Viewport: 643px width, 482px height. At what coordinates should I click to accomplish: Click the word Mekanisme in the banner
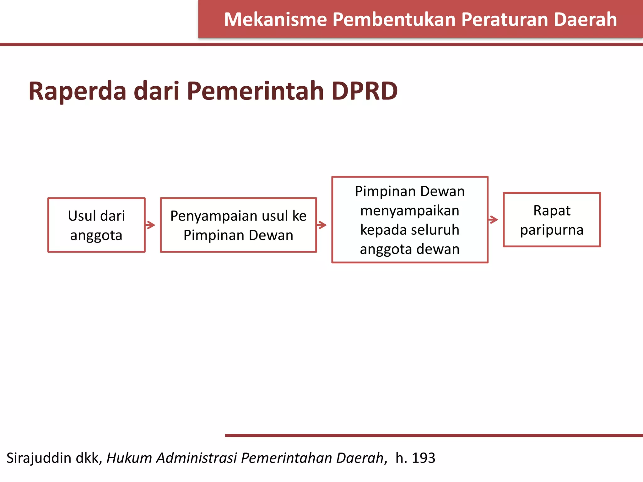(x=275, y=19)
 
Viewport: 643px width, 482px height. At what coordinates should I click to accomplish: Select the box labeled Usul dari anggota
(x=96, y=225)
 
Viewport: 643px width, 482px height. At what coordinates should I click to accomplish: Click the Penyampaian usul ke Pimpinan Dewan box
(x=238, y=225)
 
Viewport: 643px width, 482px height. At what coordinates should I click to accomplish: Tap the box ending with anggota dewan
(x=410, y=220)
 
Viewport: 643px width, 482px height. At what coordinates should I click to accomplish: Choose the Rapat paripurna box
(x=552, y=220)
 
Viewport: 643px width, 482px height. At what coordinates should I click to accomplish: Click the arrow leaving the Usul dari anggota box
(x=151, y=225)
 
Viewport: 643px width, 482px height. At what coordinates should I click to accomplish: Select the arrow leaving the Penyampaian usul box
(x=322, y=225)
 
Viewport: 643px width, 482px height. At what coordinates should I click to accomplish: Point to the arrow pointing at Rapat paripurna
(x=494, y=220)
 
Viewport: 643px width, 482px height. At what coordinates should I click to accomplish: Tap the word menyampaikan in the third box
(x=410, y=211)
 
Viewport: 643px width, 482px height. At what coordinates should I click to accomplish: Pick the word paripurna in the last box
(x=552, y=230)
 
